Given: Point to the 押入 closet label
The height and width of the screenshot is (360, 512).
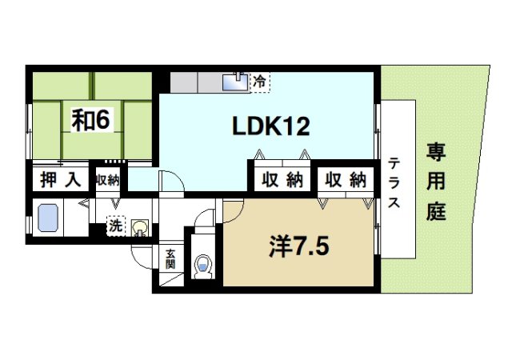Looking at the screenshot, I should (x=61, y=179).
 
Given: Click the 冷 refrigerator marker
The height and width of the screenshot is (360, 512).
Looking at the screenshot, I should (x=259, y=80).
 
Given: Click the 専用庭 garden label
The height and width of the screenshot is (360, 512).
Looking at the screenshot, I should (x=436, y=182).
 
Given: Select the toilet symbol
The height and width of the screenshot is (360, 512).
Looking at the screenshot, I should (x=203, y=265).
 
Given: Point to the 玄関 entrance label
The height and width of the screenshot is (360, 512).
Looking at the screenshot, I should (x=170, y=259).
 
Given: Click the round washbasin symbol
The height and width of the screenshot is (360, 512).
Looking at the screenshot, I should (x=141, y=228).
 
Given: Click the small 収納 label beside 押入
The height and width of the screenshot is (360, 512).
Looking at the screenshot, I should (x=106, y=180).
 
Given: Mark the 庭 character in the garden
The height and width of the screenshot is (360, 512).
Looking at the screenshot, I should (x=436, y=214).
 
